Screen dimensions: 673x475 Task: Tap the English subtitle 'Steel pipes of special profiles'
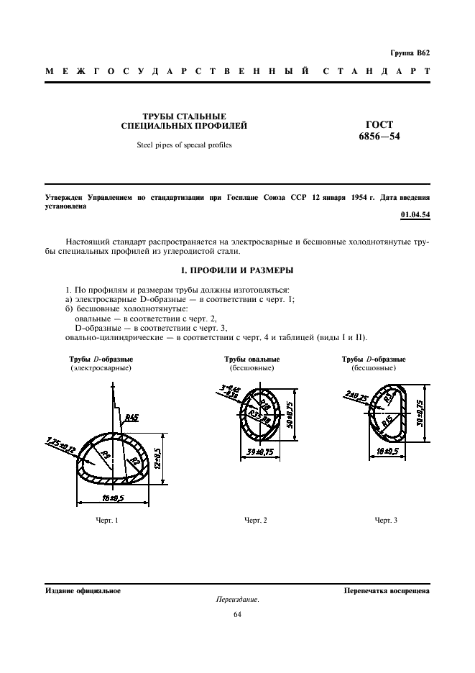coord(185,145)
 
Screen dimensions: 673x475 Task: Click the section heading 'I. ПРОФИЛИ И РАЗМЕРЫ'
coord(236,270)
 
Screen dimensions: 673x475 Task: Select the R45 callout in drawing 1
coord(132,417)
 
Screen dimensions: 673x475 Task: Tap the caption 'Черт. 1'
coord(106,519)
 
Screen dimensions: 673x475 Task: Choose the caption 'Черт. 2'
coord(255,519)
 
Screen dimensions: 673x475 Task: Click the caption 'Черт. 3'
coord(385,519)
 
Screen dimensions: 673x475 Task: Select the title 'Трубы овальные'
coord(252,359)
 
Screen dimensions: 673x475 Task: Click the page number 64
coord(237,614)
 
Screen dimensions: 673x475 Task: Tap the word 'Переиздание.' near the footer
coord(237,600)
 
